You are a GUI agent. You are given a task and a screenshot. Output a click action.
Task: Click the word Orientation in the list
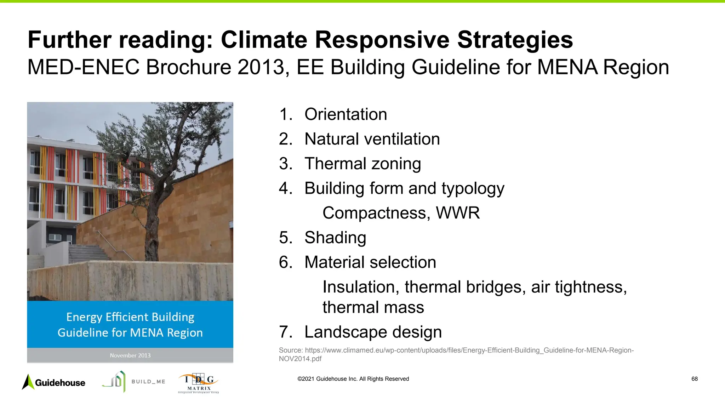pos(346,114)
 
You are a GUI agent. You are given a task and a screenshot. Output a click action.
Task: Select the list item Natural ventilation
pos(372,139)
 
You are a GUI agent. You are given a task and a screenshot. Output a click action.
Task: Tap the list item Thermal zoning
pos(362,164)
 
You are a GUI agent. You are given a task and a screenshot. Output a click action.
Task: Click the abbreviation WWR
pos(457,213)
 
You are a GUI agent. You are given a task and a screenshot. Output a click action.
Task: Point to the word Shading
pos(335,237)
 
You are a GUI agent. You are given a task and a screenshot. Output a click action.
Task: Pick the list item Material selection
pos(370,262)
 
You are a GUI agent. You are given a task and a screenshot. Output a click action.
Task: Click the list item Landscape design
pos(373,332)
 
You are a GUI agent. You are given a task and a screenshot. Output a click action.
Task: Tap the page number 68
pos(694,379)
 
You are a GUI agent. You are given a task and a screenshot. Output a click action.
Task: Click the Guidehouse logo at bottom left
pos(54,382)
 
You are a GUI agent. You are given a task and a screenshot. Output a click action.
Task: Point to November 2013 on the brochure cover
pos(130,355)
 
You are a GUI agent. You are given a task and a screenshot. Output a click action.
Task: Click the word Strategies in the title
pos(515,40)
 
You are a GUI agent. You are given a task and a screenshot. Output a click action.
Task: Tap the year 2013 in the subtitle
pos(261,67)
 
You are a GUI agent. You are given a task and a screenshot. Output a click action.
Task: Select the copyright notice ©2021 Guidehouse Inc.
pos(353,379)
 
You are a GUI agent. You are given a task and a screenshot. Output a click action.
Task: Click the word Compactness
pos(376,213)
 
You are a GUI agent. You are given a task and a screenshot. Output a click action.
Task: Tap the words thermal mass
pos(373,307)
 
